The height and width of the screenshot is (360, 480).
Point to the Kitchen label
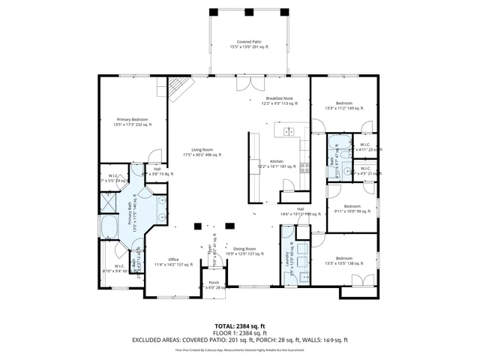pyautogui.click(x=277, y=163)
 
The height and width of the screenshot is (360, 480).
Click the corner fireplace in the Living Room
pyautogui.click(x=178, y=90)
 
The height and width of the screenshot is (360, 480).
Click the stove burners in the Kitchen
pyautogui.click(x=304, y=169)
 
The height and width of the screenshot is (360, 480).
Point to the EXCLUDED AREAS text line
pyautogui.click(x=239, y=340)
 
